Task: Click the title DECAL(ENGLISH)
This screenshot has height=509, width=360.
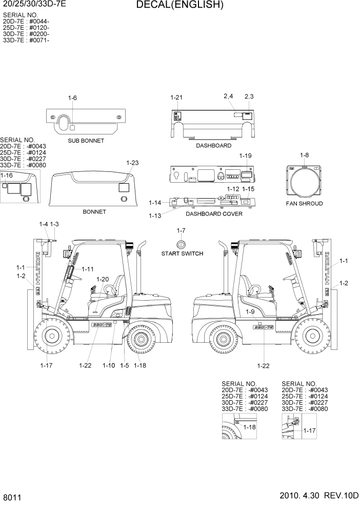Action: point(179,6)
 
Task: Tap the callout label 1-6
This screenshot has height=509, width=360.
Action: point(72,98)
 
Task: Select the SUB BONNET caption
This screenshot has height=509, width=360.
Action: point(86,141)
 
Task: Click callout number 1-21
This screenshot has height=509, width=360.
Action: point(176,97)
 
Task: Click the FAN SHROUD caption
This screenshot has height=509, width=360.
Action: point(304,204)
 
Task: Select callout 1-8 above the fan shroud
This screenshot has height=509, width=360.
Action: point(304,155)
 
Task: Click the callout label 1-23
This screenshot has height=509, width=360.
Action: point(132,163)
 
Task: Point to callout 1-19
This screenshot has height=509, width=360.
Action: point(246,155)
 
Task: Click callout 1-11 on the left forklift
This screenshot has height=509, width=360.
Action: point(88,269)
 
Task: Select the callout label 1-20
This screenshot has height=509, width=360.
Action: point(103,280)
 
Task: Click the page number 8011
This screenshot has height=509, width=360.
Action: point(11,498)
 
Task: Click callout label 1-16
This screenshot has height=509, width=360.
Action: point(7,175)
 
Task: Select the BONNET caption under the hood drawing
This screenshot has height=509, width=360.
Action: point(94,211)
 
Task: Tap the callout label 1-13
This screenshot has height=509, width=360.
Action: point(155,216)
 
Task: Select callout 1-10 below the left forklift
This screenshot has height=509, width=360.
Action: point(109,365)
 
